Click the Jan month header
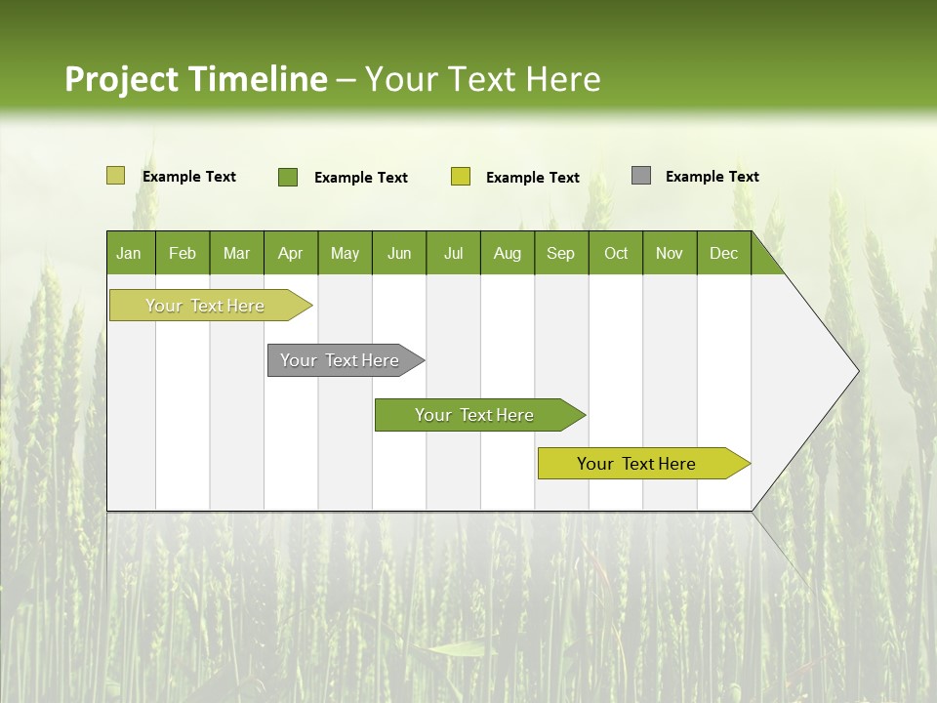point(130,253)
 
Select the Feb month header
point(183,253)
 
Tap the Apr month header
point(291,253)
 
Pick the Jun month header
point(399,253)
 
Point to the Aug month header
point(508,253)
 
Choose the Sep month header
point(561,253)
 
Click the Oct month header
point(616,253)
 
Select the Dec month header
point(724,253)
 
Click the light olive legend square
point(115,176)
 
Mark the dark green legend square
point(288,177)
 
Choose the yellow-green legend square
point(461,177)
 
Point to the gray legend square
point(641,176)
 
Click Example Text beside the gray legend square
point(713,177)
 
